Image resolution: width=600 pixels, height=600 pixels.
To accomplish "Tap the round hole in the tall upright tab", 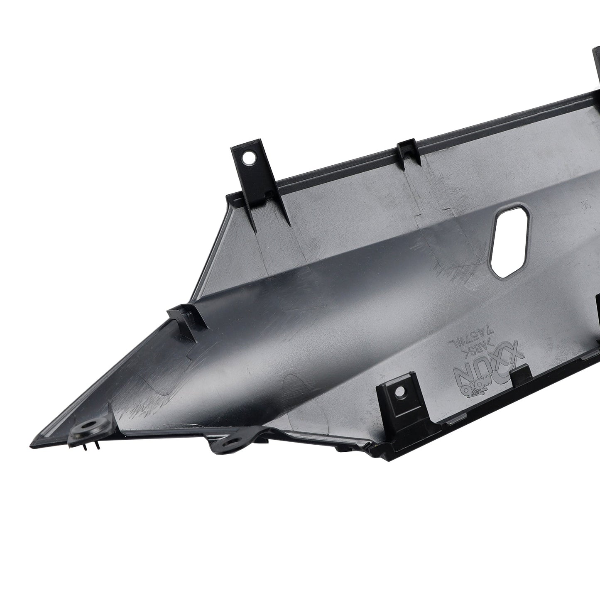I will click(249, 157).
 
